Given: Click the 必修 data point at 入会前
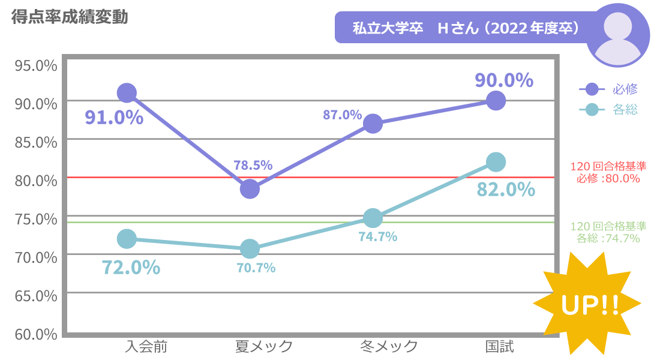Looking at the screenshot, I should [127, 92].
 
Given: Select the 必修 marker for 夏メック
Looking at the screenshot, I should [250, 189].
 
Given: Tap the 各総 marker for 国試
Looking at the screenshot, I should [496, 161].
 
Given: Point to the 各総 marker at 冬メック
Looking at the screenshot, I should [373, 218].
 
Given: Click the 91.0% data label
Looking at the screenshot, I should [114, 117].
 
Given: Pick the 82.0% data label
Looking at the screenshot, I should [506, 190].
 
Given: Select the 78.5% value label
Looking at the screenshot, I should [253, 164].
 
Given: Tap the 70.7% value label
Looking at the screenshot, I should [256, 268].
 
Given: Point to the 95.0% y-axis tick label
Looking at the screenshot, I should [35, 65].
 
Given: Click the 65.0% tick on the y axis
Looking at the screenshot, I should [35, 296].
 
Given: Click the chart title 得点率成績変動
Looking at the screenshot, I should [70, 17].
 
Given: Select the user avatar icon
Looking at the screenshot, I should [617, 35].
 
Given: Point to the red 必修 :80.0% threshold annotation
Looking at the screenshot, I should [608, 173].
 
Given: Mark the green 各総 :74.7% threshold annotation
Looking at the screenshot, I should [608, 232].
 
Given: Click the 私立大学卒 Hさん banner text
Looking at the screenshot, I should [465, 28].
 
